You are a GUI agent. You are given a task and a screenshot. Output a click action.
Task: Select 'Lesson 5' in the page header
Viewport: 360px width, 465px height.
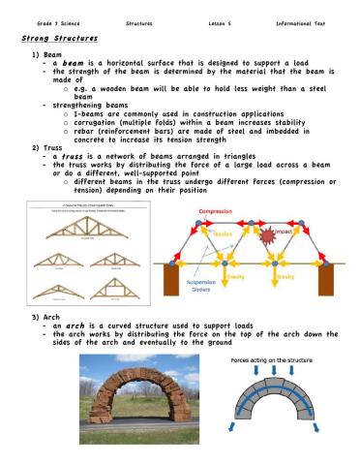pyautogui.click(x=224, y=20)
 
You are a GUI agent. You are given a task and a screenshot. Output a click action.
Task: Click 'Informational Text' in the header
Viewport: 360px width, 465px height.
pyautogui.click(x=306, y=20)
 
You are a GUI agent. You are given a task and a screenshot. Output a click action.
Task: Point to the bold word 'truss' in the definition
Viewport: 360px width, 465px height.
pyautogui.click(x=74, y=156)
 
